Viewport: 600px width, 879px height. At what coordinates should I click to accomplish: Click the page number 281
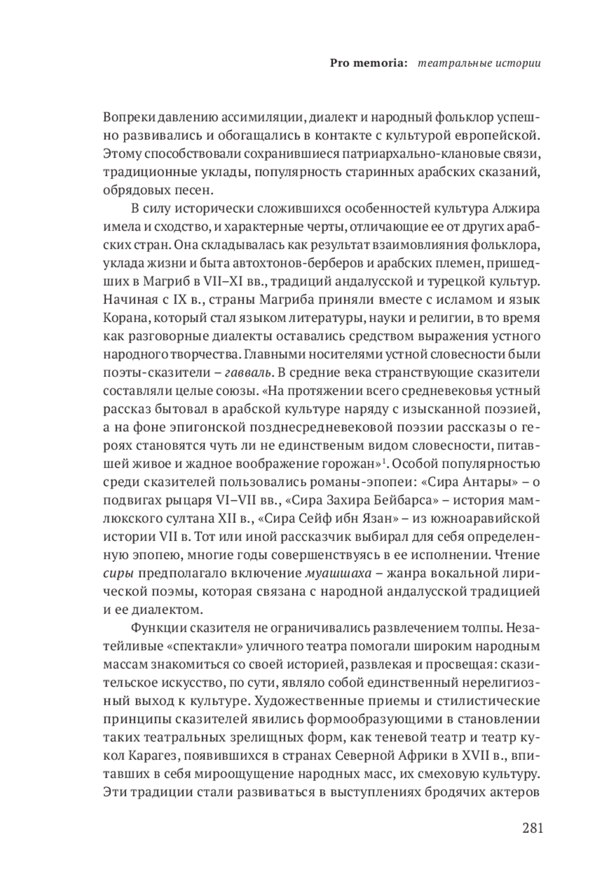532,828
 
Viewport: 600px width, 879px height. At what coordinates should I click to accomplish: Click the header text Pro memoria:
369,64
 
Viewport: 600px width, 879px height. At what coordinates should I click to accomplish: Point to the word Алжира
516,209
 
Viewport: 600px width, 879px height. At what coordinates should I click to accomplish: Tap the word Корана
123,318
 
